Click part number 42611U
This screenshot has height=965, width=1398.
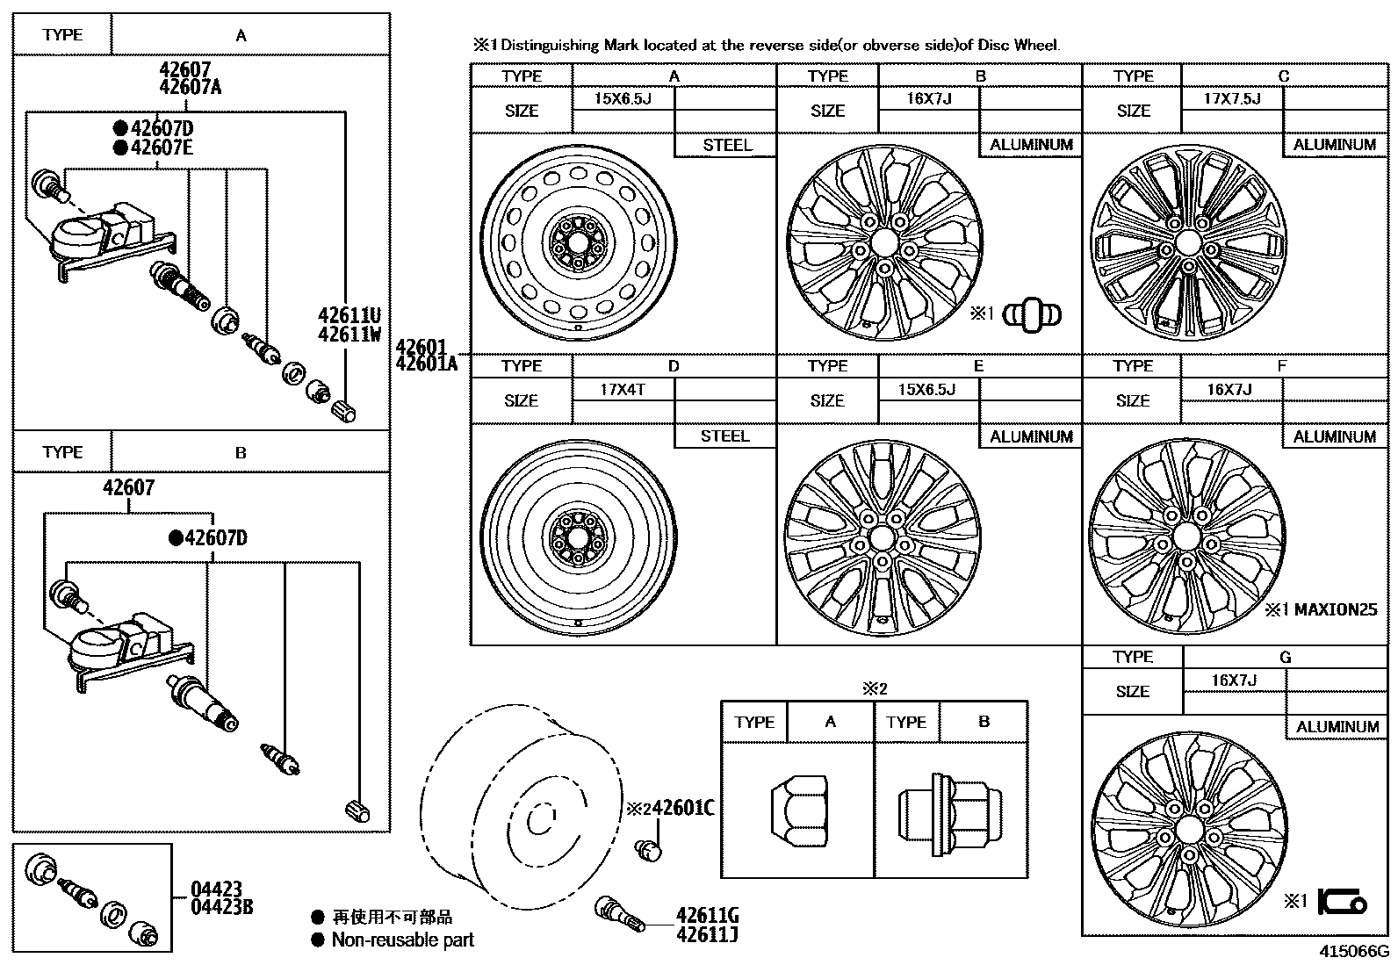coord(349,315)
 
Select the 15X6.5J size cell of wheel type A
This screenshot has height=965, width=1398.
coord(623,98)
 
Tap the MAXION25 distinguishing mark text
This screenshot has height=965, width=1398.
coord(1335,609)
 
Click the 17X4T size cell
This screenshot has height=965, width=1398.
coord(623,389)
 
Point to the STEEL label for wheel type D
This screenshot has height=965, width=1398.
coord(724,436)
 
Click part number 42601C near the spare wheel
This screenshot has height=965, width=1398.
coord(682,808)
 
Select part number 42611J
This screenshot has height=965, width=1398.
coord(707,934)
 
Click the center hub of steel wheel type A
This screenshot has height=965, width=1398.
coord(577,241)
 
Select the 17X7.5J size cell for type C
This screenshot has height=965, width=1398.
coord(1231,98)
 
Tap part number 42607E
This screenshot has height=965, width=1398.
coord(162,148)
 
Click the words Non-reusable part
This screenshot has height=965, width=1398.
coord(403,940)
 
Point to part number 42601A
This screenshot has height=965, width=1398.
coord(427,363)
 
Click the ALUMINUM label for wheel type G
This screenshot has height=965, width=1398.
coord(1337,726)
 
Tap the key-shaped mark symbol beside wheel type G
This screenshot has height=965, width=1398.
coord(1342,902)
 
